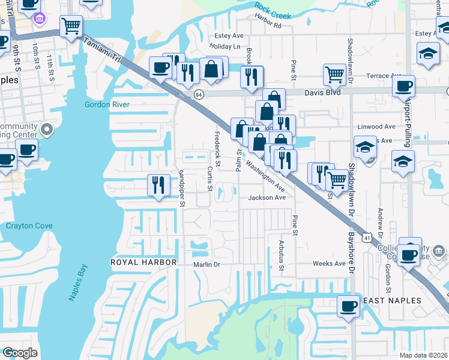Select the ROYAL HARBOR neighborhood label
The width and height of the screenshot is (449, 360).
click(143, 262)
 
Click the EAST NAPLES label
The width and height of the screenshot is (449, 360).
click(392, 301)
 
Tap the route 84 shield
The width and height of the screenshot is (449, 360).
click(199, 95)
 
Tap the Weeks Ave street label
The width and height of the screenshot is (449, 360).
click(329, 263)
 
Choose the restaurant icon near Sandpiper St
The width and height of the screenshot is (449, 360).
click(158, 184)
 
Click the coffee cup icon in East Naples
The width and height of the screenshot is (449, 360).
click(348, 306)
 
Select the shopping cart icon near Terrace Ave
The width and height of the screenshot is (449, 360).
click(334, 74)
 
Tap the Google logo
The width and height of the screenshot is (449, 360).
click(20, 352)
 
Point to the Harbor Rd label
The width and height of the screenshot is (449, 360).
click(268, 26)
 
